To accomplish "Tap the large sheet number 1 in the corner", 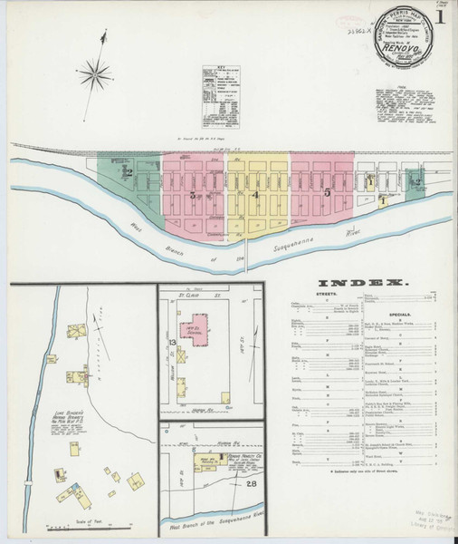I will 439,16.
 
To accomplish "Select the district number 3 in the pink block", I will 192,194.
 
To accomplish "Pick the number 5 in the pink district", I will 327,193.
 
